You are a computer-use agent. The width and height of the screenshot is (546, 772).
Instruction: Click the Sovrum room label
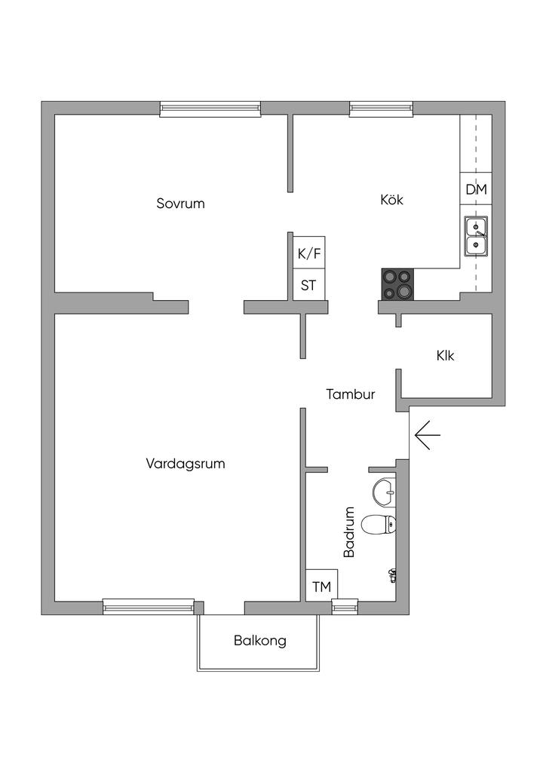click(x=181, y=204)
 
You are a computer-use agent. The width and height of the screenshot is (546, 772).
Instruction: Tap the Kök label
click(x=391, y=200)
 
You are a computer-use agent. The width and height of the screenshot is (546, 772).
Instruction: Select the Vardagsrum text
click(x=186, y=464)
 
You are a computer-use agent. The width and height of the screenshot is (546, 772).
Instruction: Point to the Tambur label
click(x=351, y=394)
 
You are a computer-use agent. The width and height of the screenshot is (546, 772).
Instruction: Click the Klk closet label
click(x=445, y=356)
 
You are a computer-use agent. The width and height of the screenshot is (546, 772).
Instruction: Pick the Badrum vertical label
click(x=349, y=532)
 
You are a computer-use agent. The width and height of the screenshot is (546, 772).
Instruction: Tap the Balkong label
click(x=260, y=641)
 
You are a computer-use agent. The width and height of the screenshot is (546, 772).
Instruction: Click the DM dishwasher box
click(x=476, y=189)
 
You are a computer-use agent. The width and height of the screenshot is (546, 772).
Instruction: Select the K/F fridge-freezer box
click(x=309, y=254)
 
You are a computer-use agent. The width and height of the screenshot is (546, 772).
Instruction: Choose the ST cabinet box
click(x=309, y=286)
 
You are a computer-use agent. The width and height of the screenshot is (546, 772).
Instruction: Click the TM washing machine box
click(x=321, y=586)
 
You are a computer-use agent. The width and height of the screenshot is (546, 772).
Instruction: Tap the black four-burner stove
click(x=398, y=284)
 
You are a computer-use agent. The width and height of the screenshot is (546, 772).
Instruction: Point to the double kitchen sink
click(x=476, y=235)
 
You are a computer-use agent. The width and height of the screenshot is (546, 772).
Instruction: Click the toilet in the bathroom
click(x=379, y=523)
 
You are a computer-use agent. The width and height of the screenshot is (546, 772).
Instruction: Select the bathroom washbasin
click(x=383, y=492)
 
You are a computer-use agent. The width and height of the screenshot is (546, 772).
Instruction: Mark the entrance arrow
click(x=427, y=437)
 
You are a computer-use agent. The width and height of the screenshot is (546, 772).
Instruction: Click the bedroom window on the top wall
click(x=210, y=110)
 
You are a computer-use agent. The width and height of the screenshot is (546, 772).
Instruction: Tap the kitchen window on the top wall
click(x=382, y=110)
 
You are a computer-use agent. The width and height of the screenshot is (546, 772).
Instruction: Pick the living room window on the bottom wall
click(x=149, y=605)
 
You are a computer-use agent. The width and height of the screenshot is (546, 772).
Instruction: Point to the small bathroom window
click(x=345, y=605)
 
